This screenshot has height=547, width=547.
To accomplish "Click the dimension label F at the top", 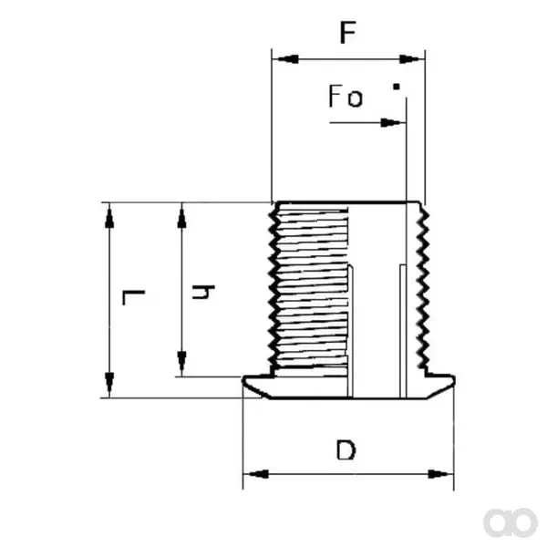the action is [348, 33].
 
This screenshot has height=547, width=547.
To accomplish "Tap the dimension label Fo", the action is [346, 96].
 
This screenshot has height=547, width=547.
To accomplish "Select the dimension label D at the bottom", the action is [346, 450].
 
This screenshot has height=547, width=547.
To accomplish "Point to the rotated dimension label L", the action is [133, 297].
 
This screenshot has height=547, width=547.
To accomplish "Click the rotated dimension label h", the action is [203, 293].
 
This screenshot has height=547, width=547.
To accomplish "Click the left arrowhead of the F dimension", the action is [285, 59].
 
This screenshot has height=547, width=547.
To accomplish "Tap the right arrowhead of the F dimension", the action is [412, 59].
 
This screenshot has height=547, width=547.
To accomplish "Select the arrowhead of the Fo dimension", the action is [393, 123].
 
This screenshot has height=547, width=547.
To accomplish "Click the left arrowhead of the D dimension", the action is [255, 474].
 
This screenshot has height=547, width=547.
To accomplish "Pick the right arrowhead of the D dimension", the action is [440, 474].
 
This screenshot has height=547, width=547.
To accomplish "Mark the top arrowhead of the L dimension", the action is [109, 215].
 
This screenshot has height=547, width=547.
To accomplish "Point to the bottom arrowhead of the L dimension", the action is [109, 385].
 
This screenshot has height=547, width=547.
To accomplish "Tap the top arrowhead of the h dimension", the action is [181, 215].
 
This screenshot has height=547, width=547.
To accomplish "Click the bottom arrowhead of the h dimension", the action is [181, 364].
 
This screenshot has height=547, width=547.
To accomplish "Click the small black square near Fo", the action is [397, 87].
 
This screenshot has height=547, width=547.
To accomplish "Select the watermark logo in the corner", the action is [510, 522].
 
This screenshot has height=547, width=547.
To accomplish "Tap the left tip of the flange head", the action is [243, 380].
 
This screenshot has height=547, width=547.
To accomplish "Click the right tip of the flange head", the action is [454, 380].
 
